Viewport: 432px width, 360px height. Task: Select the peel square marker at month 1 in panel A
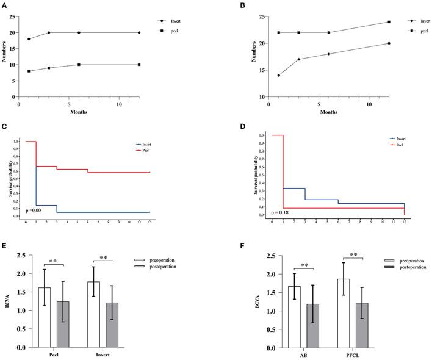click(x=29, y=71)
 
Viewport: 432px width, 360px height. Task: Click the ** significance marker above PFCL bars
click(x=353, y=254)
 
